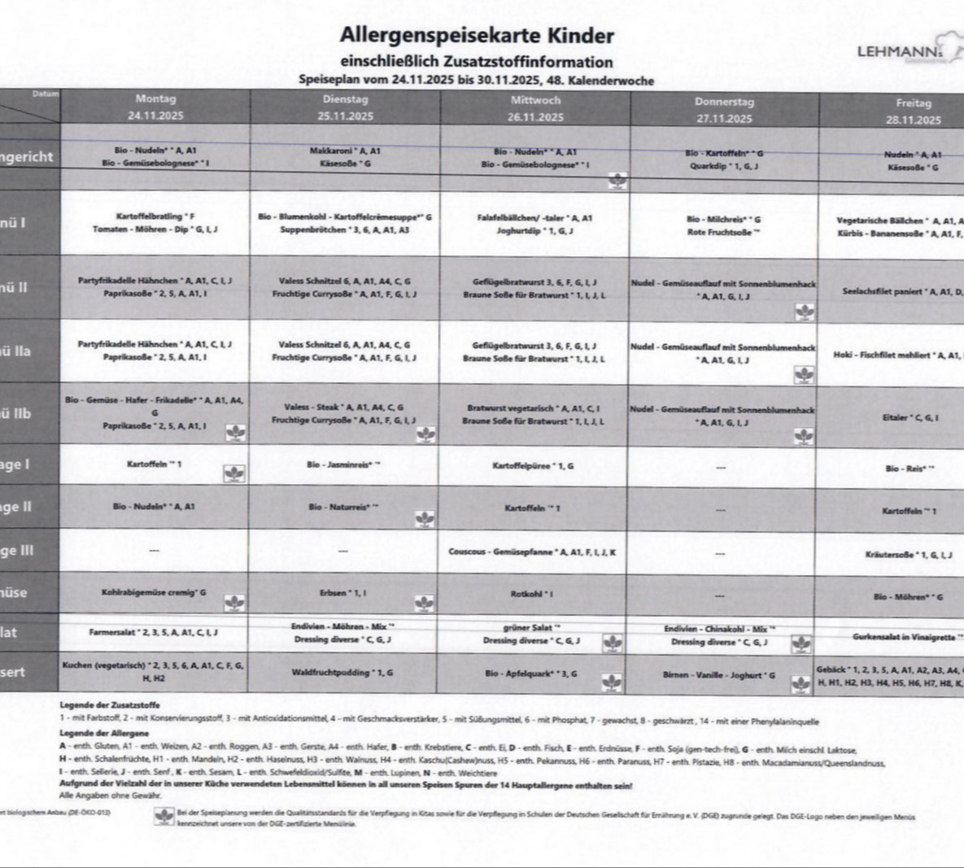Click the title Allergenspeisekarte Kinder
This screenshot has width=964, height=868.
coord(477,36)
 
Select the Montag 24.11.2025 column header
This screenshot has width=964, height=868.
coord(155,107)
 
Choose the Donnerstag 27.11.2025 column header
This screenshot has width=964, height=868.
coord(724,110)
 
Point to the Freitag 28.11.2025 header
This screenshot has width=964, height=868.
coord(913,111)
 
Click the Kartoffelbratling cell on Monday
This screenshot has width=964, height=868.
coord(155,223)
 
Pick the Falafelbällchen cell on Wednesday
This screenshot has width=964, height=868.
coord(535,224)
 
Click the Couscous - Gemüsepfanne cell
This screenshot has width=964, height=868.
coord(533,552)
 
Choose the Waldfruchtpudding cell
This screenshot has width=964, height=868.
coord(342,673)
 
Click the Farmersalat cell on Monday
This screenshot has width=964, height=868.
coord(154,631)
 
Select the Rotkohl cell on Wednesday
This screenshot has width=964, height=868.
coord(532,594)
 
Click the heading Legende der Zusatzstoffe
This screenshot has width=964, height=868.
coord(110,704)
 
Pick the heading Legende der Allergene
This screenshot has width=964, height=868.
coord(104,733)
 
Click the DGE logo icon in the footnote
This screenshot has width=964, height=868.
coord(165,817)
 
